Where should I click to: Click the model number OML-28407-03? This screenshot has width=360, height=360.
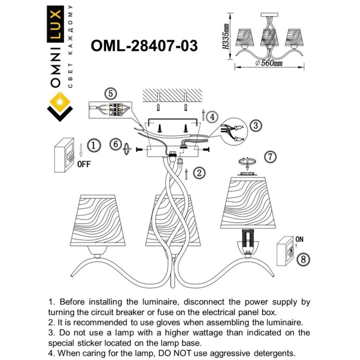click(144, 46)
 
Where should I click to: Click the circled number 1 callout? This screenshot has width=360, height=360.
click(93, 146)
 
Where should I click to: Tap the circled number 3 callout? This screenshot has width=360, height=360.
click(256, 125)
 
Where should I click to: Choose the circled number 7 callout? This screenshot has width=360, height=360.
click(270, 157)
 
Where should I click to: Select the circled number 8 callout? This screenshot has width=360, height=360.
click(303, 259)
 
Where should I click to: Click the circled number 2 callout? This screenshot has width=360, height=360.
click(199, 172)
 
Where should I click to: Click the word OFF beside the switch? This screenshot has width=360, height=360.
click(84, 164)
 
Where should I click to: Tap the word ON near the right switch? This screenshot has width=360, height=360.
click(299, 239)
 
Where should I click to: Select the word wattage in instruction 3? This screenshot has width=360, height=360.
click(204, 333)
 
